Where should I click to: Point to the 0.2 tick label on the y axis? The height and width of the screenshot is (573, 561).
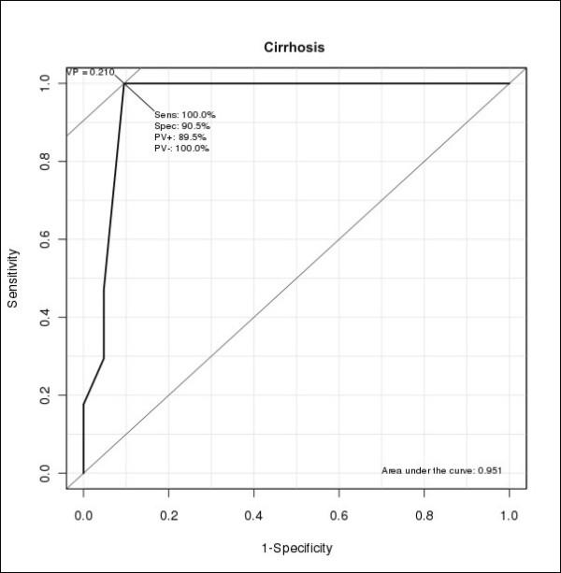tap(44, 395)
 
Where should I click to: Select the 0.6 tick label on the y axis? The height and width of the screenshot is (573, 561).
tap(44, 239)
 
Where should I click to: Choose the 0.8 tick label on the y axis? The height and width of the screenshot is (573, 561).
tap(44, 162)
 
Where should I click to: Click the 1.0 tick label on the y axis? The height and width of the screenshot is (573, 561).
tap(44, 83)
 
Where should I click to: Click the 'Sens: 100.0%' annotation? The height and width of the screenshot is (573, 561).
tap(184, 115)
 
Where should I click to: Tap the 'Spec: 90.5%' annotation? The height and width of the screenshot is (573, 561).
tap(181, 126)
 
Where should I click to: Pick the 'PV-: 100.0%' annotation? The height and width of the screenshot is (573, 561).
tap(181, 149)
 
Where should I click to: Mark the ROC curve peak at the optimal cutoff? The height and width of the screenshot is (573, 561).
tap(123, 83)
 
